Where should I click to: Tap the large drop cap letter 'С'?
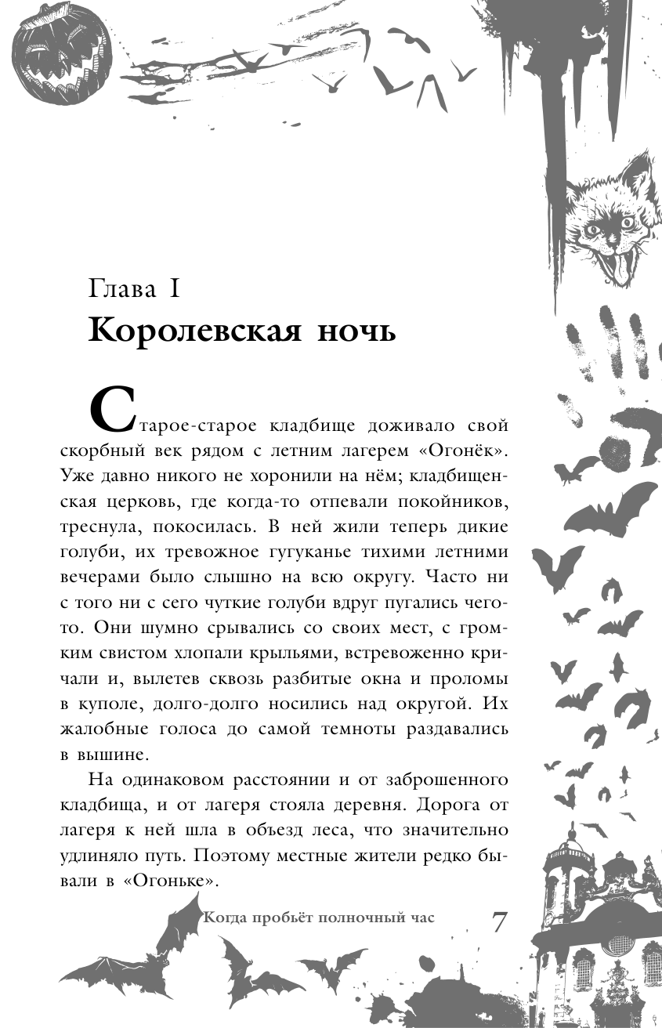pos(112,407)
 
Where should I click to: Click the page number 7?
pos(499,923)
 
